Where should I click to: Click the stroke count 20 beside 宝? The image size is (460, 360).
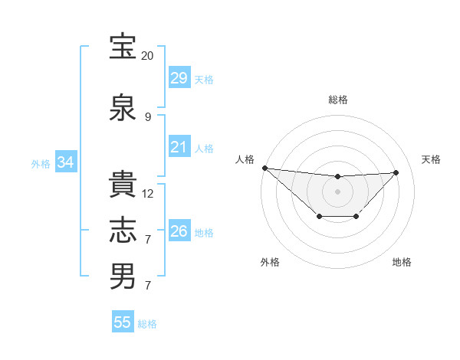tap(147, 56)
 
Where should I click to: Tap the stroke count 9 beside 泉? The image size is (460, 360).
tap(147, 117)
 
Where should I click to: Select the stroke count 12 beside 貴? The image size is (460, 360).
tap(148, 194)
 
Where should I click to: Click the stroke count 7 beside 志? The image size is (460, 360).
tap(147, 240)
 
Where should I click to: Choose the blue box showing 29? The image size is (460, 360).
tap(179, 78)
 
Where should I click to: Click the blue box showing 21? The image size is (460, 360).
tap(179, 147)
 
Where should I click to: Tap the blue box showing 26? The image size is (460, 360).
tap(179, 231)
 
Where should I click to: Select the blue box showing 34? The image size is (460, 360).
tap(65, 162)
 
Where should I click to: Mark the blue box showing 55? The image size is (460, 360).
tap(123, 322)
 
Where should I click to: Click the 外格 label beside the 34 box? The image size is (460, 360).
tap(41, 163)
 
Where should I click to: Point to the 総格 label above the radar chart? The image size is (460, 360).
tap(338, 100)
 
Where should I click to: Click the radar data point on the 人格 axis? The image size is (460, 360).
tap(264, 168)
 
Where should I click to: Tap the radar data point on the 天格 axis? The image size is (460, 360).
tap(396, 172)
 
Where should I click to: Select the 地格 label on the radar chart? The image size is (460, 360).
tap(402, 263)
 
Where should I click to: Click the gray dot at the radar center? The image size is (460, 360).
tap(337, 191)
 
